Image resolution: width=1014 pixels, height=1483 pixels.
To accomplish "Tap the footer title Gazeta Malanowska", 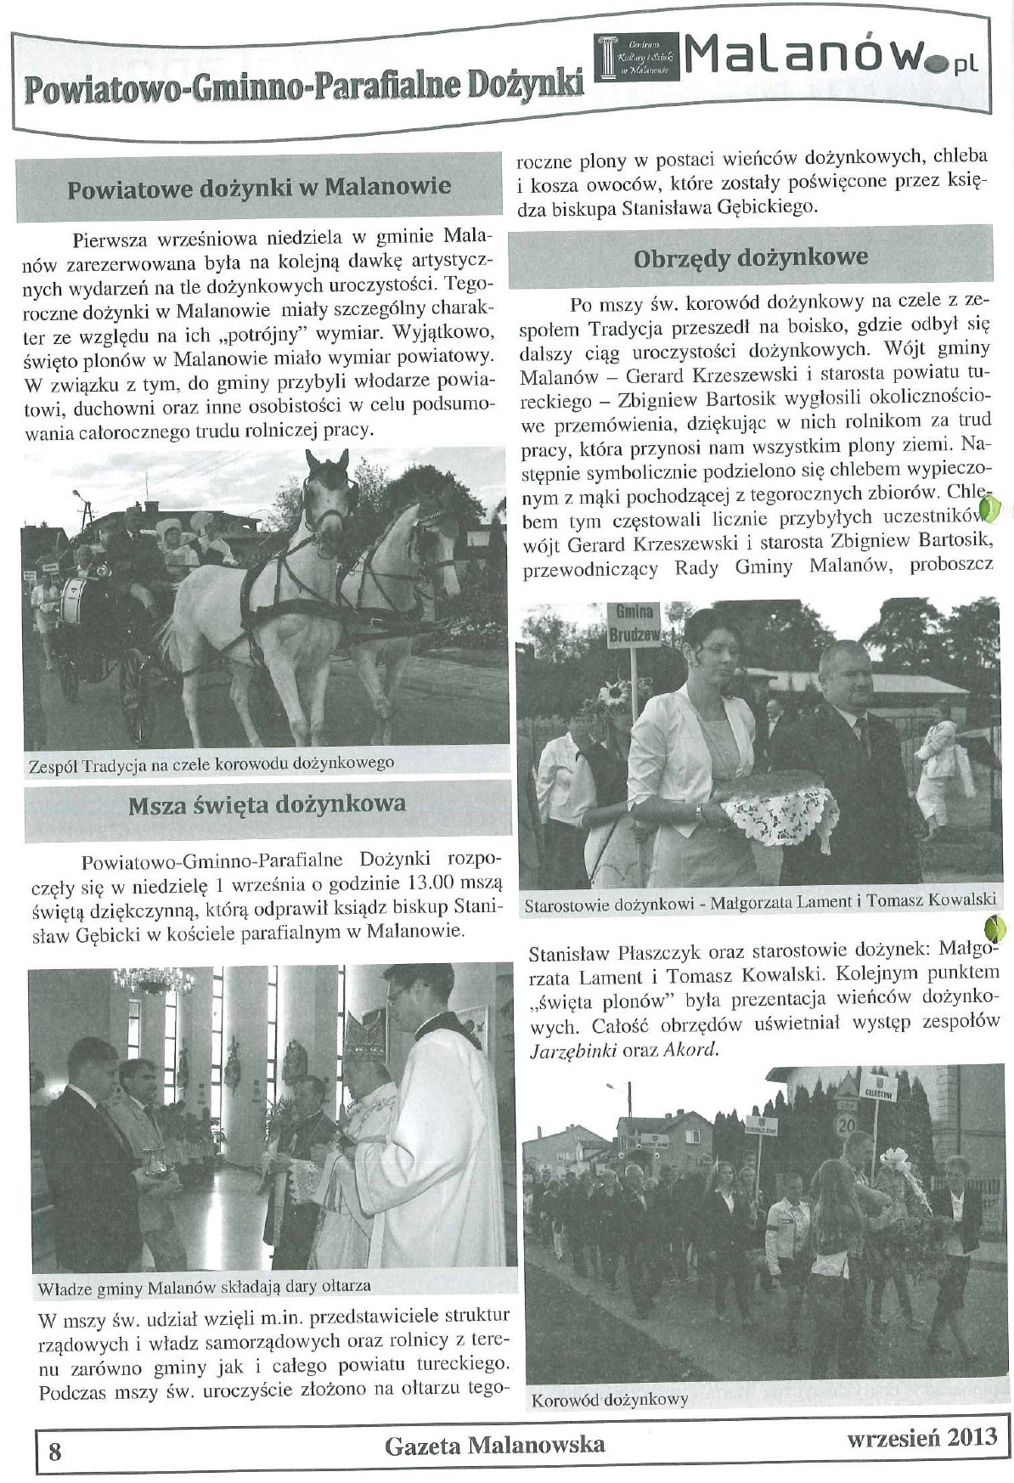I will coord(495,1443).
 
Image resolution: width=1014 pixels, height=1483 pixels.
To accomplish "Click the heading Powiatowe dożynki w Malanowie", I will coord(259,187).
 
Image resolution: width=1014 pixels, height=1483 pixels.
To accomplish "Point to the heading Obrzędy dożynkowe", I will coord(751,257).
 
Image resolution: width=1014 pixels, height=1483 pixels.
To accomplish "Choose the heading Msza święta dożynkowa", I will coord(267,804).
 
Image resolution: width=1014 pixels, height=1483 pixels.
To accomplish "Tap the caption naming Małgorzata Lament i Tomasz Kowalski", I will coord(758,904).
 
